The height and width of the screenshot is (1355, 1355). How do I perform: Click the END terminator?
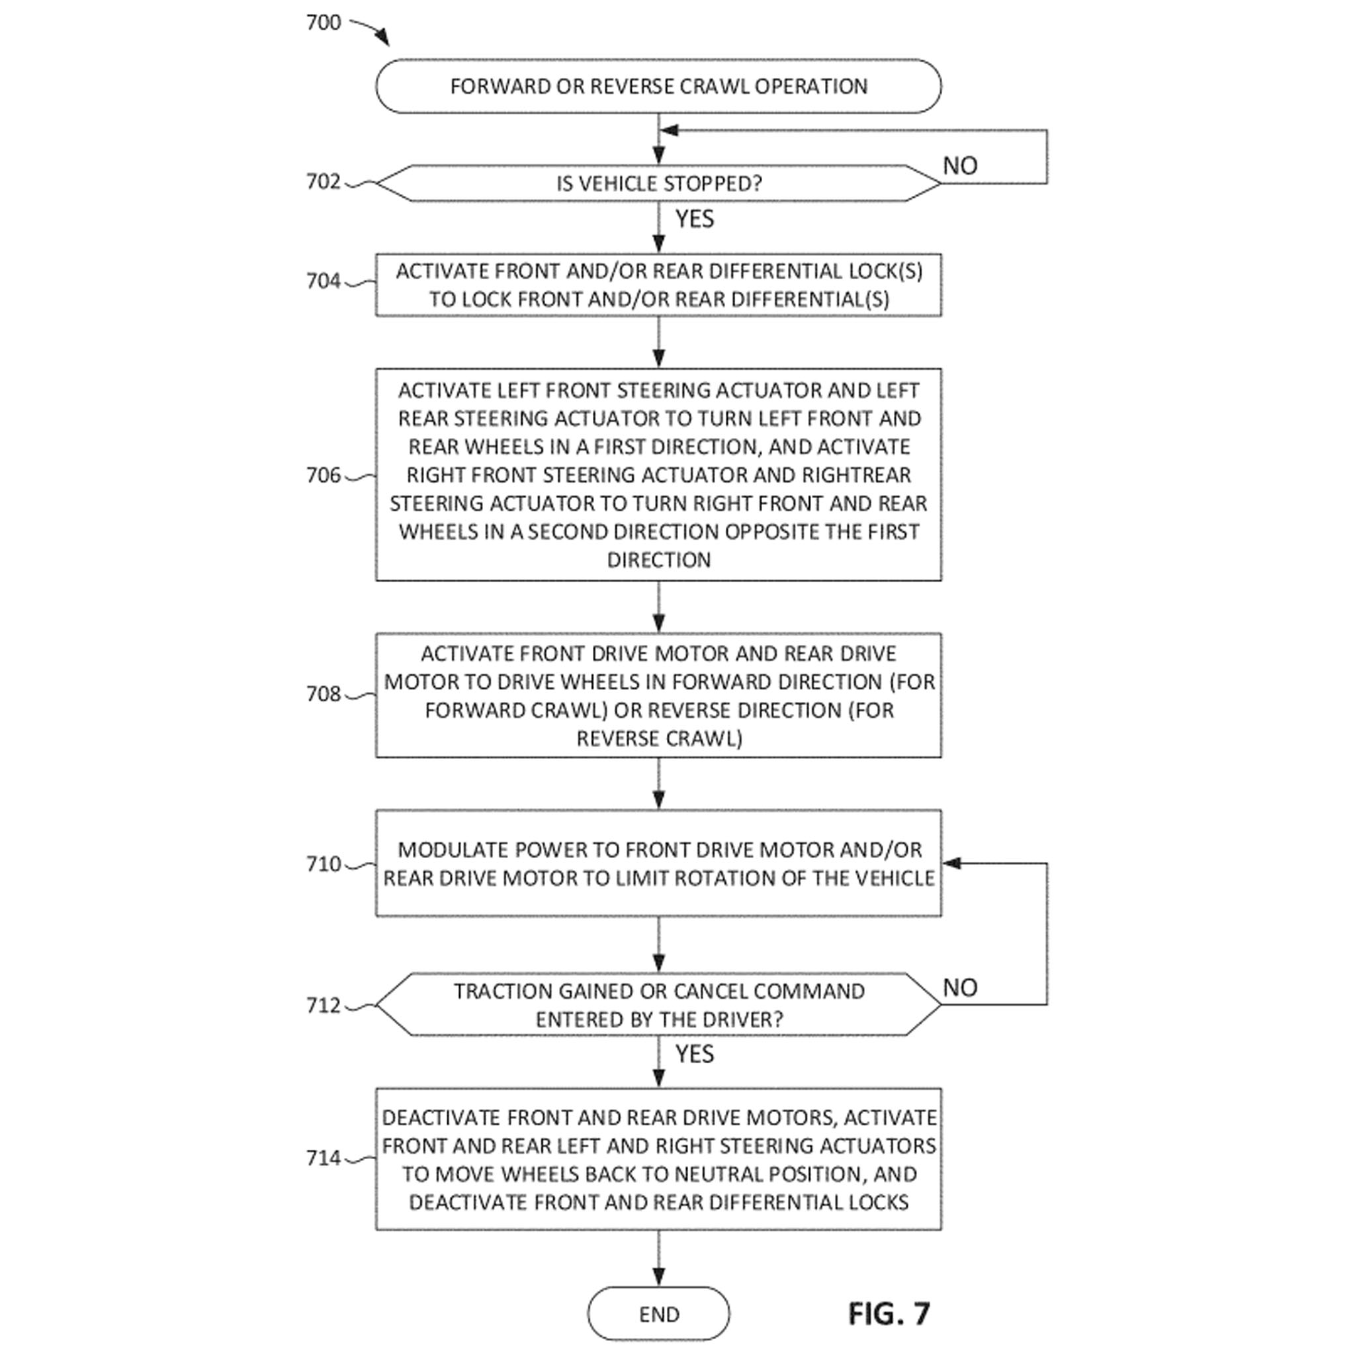click(658, 1313)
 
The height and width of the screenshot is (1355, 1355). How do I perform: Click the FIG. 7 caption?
click(889, 1313)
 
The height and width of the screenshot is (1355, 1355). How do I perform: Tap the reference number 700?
click(324, 22)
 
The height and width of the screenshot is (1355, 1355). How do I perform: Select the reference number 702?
click(324, 182)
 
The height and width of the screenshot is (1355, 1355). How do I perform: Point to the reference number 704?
click(324, 281)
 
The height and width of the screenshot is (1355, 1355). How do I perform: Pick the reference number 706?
click(324, 476)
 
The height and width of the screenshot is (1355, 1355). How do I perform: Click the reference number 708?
click(324, 693)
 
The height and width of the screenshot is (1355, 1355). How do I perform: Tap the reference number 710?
click(324, 864)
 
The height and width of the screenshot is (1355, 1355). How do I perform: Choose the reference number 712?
click(324, 1006)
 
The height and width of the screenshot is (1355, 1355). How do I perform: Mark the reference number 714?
click(324, 1158)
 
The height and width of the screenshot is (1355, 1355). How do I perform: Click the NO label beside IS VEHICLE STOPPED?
click(959, 166)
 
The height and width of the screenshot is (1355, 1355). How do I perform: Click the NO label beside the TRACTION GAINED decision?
click(959, 988)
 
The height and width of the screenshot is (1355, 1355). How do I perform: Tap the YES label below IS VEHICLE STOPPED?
click(694, 219)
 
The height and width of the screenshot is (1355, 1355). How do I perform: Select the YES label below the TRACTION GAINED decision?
click(694, 1054)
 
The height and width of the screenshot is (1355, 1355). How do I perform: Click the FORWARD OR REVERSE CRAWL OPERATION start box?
click(658, 86)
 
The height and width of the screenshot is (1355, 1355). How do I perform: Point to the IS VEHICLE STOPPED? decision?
click(658, 184)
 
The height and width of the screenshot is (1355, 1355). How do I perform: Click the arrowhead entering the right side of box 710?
click(950, 863)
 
